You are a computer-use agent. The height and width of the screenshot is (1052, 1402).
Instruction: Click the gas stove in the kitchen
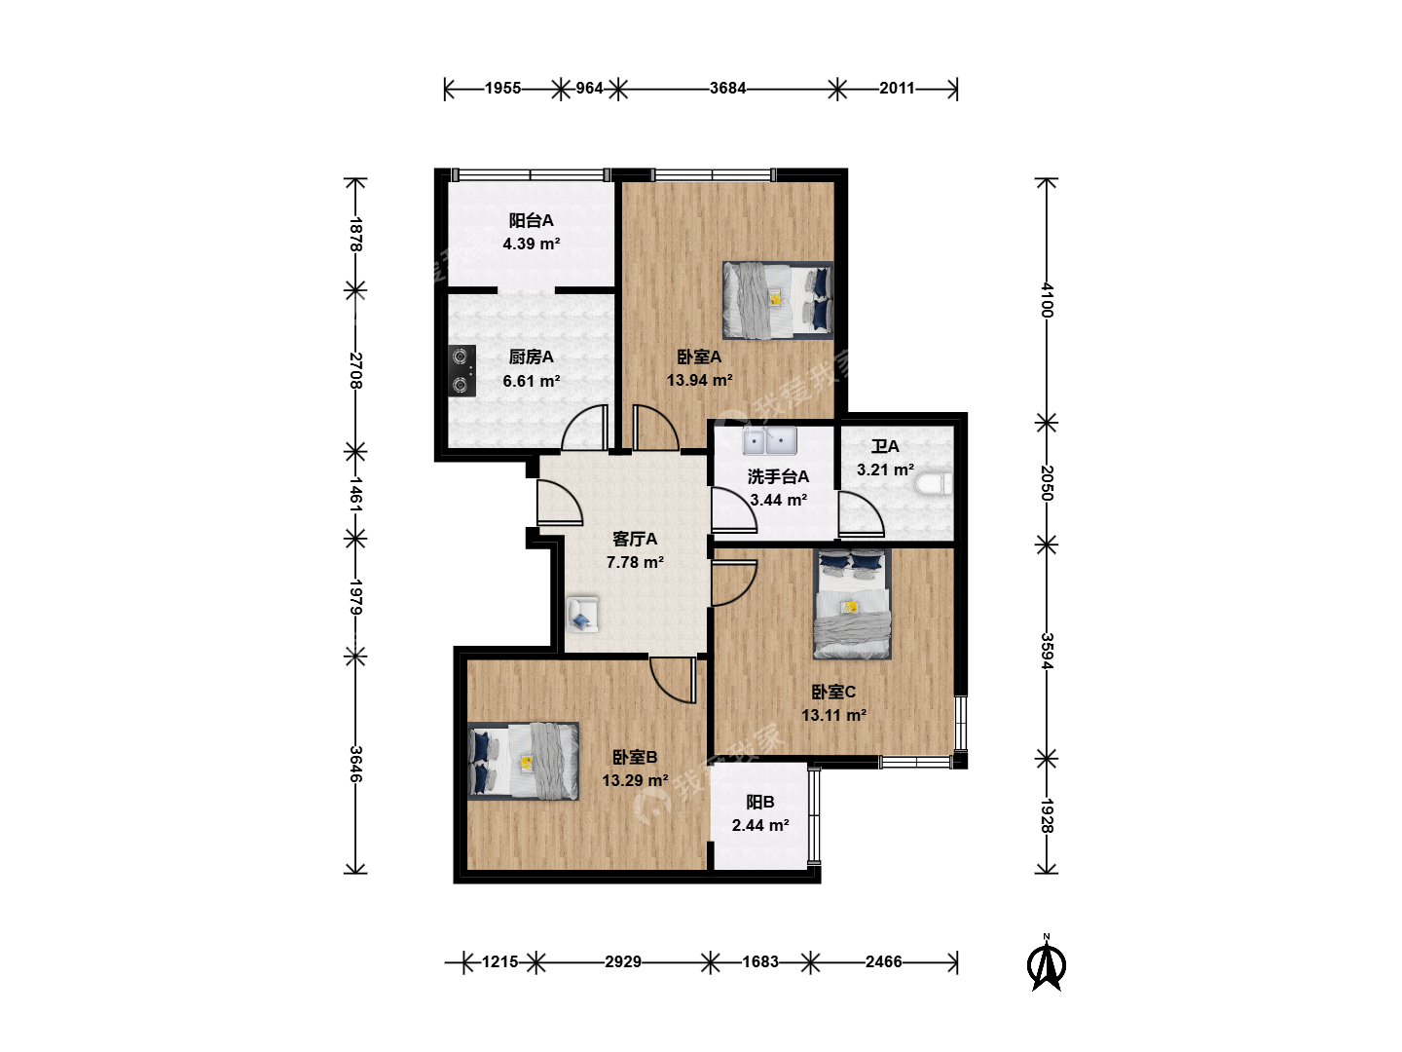461,370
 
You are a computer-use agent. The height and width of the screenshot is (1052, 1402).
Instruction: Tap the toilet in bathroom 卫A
934,484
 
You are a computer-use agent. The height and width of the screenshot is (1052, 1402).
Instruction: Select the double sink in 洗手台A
769,440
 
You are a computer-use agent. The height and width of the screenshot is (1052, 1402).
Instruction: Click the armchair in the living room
582,615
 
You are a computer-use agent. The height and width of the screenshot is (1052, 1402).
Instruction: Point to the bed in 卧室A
778,300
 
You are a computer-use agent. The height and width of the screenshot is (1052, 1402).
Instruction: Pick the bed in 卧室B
523,761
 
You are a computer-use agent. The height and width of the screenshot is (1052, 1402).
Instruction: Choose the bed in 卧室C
852,604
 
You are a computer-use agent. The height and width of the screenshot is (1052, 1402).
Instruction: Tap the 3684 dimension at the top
727,88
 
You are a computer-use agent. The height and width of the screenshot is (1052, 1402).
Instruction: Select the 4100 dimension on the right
1047,300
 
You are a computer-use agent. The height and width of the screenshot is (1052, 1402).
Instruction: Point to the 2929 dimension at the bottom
623,961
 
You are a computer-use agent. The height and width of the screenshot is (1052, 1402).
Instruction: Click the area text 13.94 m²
699,380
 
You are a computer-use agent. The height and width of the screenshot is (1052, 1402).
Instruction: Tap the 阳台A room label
531,220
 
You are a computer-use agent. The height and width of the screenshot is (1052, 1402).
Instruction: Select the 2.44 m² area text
760,825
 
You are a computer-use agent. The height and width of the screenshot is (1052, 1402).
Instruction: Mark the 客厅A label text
634,539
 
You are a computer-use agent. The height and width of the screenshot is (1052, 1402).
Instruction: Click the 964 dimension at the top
589,88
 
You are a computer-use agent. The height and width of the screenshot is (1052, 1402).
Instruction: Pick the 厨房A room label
531,357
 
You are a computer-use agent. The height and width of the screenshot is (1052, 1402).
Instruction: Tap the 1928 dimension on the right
1047,815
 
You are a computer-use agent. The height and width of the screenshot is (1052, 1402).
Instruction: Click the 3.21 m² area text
885,470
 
